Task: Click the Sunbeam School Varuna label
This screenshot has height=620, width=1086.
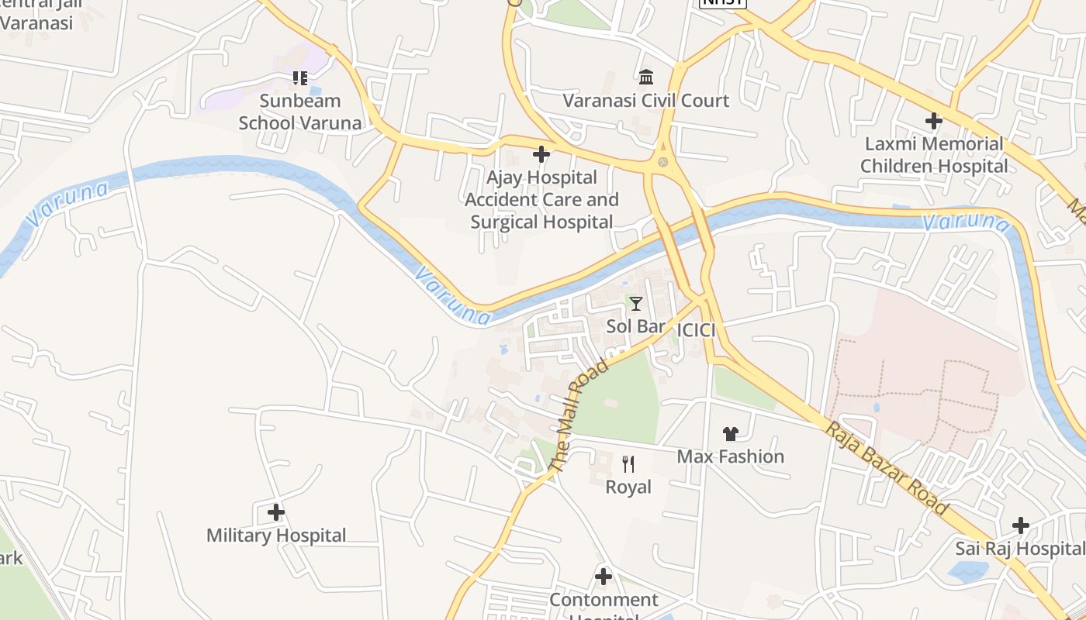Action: coord(299,112)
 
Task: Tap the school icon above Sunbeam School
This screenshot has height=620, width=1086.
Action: coord(299,77)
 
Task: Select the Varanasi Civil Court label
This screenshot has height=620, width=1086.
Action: coord(645,101)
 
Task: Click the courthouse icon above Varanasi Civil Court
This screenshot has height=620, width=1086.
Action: coord(645,77)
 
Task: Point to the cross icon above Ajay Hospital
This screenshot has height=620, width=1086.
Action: coord(541,154)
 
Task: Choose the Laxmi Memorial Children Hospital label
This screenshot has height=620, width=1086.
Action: coord(934,155)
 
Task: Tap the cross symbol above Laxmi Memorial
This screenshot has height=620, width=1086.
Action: coord(934,120)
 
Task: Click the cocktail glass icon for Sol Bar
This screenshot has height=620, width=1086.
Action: coord(636,303)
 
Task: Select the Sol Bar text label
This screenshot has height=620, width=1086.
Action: coord(636,326)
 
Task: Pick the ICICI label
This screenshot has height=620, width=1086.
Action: coord(696,330)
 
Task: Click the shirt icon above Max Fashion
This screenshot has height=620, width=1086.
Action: coord(730,433)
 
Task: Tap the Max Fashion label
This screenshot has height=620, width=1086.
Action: coord(730,456)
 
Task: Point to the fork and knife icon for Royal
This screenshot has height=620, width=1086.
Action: coord(628,464)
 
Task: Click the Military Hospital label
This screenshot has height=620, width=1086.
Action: coord(276,536)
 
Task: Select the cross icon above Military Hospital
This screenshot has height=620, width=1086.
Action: coord(276,512)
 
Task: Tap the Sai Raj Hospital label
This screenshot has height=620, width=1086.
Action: coord(1019,549)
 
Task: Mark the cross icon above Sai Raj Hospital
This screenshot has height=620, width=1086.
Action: coord(1021,525)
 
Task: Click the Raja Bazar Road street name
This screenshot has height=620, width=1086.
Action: coord(887,468)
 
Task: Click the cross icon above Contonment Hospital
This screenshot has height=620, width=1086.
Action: coord(604,577)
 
